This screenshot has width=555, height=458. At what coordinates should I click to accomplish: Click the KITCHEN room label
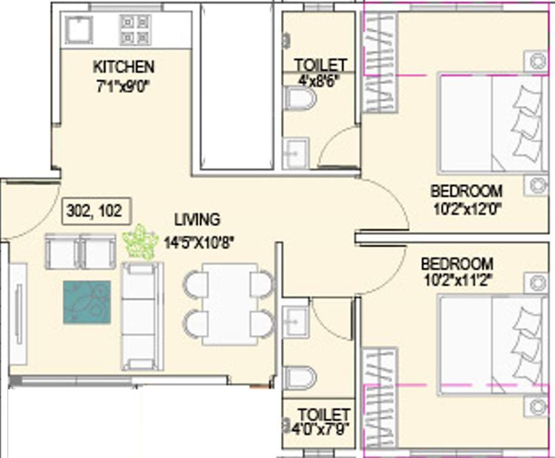click(124, 66)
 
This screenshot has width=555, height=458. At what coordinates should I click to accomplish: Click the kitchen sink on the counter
click(78, 30)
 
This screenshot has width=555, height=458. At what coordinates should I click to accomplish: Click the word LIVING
click(197, 219)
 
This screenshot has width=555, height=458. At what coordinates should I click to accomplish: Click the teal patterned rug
click(87, 302)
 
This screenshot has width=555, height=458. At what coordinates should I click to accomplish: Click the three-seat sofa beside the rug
click(142, 316)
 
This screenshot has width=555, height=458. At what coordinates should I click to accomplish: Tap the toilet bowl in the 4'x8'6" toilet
click(300, 99)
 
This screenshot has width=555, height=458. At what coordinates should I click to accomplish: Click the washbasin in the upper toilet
click(295, 153)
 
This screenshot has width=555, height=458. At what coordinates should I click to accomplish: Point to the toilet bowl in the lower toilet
click(300, 377)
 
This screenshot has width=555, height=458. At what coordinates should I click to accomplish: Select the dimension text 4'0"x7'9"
click(316, 428)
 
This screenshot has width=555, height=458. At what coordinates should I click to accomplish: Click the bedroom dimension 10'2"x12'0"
click(466, 209)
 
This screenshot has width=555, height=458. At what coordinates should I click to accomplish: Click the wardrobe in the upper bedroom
click(380, 63)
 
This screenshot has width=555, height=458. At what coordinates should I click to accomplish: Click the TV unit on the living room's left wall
click(18, 314)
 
